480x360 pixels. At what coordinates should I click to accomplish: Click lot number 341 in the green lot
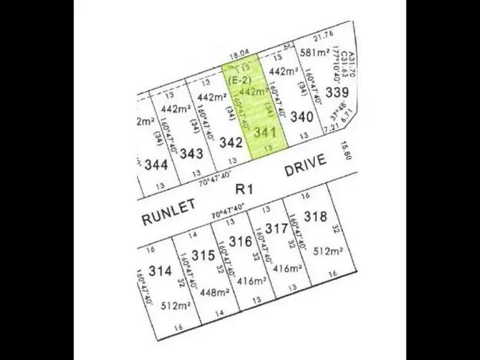click(264, 134)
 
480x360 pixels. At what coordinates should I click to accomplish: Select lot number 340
click(301, 117)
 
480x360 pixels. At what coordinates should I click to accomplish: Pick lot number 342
click(231, 143)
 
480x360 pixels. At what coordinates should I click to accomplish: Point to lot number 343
click(192, 153)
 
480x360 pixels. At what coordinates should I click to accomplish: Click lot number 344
click(156, 164)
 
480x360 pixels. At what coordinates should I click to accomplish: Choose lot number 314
click(160, 270)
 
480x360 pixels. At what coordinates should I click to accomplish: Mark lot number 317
click(276, 228)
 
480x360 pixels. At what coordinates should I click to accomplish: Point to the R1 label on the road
click(241, 189)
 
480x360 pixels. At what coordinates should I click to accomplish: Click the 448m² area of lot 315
click(215, 292)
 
